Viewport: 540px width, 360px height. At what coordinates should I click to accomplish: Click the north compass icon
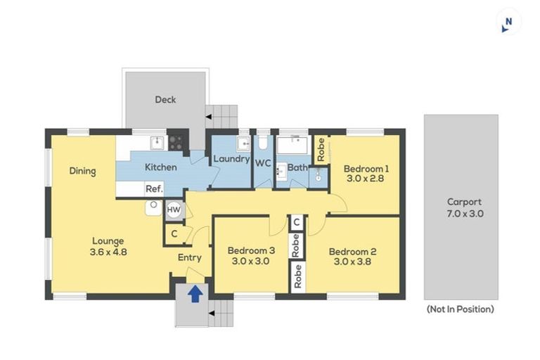click(x=507, y=25)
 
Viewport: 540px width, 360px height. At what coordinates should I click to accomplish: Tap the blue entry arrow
click(x=195, y=293)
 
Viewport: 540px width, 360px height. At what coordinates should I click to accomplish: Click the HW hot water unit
click(x=174, y=210)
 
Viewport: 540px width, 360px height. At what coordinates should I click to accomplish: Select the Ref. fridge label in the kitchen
click(x=154, y=188)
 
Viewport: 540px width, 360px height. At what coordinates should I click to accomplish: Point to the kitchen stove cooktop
click(x=176, y=143)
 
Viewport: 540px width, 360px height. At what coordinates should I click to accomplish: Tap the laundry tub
click(x=244, y=143)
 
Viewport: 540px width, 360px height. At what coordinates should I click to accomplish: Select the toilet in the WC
click(x=263, y=142)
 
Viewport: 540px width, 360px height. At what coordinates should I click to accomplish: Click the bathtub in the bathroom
click(x=292, y=145)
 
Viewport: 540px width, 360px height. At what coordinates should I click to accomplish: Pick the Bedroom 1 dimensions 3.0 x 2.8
click(x=366, y=179)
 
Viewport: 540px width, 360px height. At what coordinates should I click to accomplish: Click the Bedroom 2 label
click(x=352, y=252)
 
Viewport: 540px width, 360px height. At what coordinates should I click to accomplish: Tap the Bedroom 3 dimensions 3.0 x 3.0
click(x=251, y=261)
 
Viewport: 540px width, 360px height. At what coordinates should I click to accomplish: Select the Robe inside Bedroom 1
click(x=321, y=150)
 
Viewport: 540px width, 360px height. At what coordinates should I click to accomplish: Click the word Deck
click(x=165, y=100)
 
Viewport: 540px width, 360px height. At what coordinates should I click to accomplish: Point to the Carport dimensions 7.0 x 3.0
click(x=465, y=214)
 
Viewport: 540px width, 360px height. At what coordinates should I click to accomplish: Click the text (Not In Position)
click(x=461, y=309)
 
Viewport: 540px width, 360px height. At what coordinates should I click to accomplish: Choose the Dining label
click(x=83, y=171)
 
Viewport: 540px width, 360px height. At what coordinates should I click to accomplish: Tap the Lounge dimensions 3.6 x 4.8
click(x=108, y=252)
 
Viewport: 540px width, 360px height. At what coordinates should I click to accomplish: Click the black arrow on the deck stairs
click(x=209, y=117)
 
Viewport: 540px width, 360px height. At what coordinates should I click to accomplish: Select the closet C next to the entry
click(x=174, y=234)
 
